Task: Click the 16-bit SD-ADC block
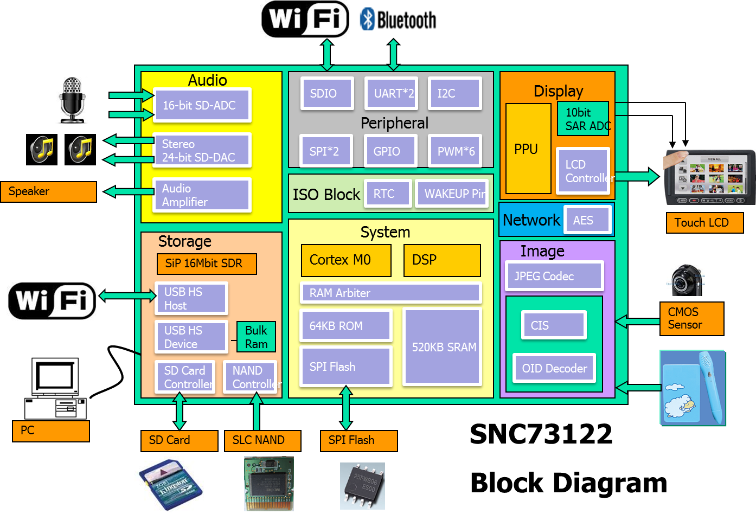click(x=202, y=105)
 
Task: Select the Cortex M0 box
click(x=346, y=260)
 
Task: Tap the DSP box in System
click(x=442, y=260)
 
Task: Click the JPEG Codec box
click(x=554, y=276)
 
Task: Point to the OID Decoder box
click(x=554, y=368)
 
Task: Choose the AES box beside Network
click(x=587, y=220)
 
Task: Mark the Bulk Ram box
click(x=256, y=337)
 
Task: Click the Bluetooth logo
click(x=396, y=19)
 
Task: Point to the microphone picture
click(x=72, y=101)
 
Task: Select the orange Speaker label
click(x=48, y=191)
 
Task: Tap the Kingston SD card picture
click(x=169, y=484)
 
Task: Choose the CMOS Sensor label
click(x=691, y=318)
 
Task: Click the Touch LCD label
click(x=704, y=222)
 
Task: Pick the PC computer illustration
click(x=52, y=384)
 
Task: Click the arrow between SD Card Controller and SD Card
click(x=180, y=412)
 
